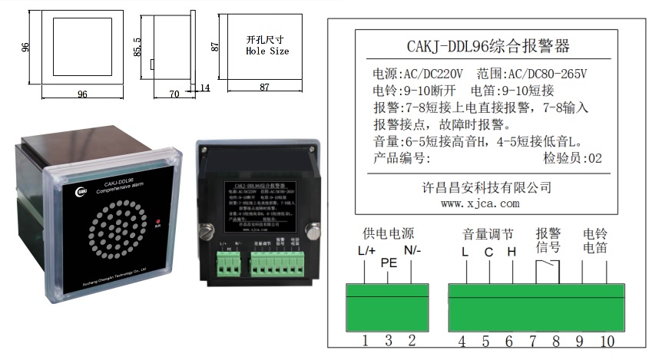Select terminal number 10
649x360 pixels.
point(606,341)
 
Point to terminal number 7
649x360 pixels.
point(531,341)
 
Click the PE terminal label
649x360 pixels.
point(389,262)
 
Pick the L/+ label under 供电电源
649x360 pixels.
point(366,250)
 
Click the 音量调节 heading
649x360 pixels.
point(488,233)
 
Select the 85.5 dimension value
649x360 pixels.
point(137,47)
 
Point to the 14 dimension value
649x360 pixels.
point(204,88)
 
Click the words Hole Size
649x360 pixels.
point(267,51)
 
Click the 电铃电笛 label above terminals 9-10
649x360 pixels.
point(594,240)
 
